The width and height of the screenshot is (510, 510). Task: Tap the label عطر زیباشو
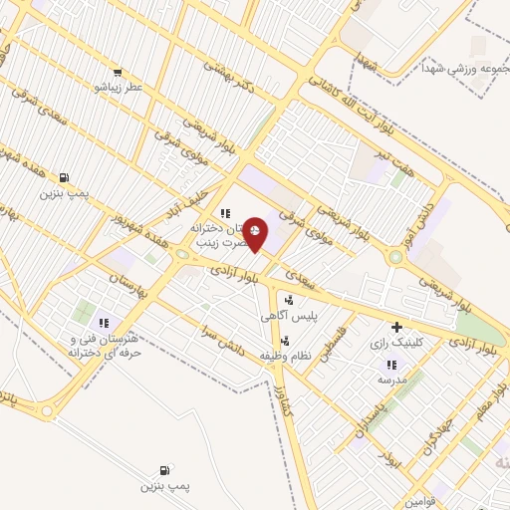tap(120, 88)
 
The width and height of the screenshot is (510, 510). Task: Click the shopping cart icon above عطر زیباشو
tap(120, 73)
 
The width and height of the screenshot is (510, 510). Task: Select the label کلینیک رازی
tap(396, 342)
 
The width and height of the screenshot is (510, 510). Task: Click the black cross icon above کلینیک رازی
tap(396, 327)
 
